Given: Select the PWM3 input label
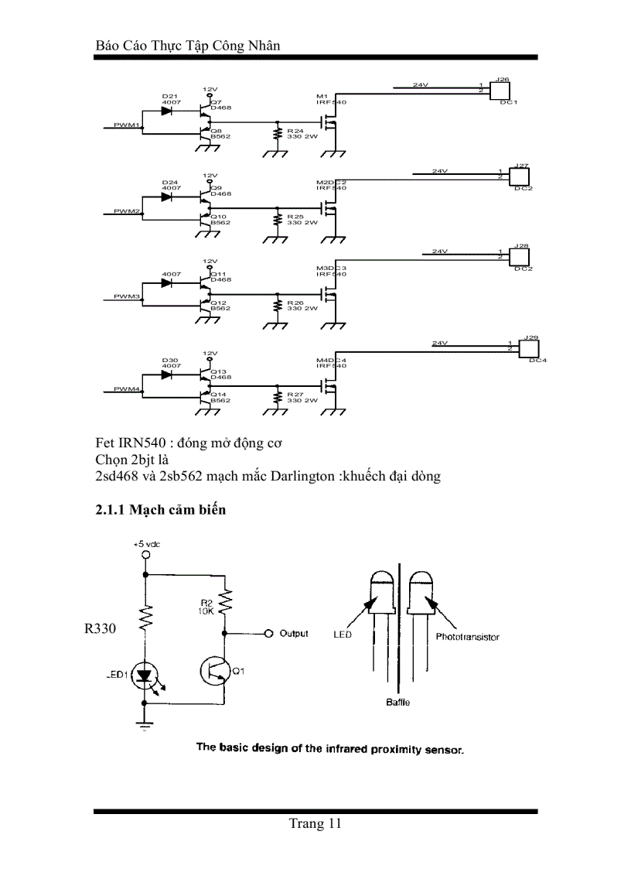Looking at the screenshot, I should [x=126, y=296].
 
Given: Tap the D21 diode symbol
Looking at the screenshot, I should [x=165, y=111].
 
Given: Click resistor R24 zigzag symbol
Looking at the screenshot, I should [x=277, y=135].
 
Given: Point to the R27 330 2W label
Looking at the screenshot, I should [x=302, y=396].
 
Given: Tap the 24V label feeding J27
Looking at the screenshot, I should [x=439, y=170].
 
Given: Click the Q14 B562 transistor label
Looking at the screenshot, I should [x=220, y=397].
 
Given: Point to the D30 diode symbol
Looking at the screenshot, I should [x=165, y=375].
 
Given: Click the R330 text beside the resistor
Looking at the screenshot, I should [x=100, y=629].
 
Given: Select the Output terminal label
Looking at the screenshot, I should [x=294, y=633].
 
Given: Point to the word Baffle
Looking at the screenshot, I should [x=398, y=703].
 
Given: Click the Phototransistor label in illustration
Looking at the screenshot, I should [x=467, y=637].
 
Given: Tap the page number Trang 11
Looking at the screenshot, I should [x=315, y=823].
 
